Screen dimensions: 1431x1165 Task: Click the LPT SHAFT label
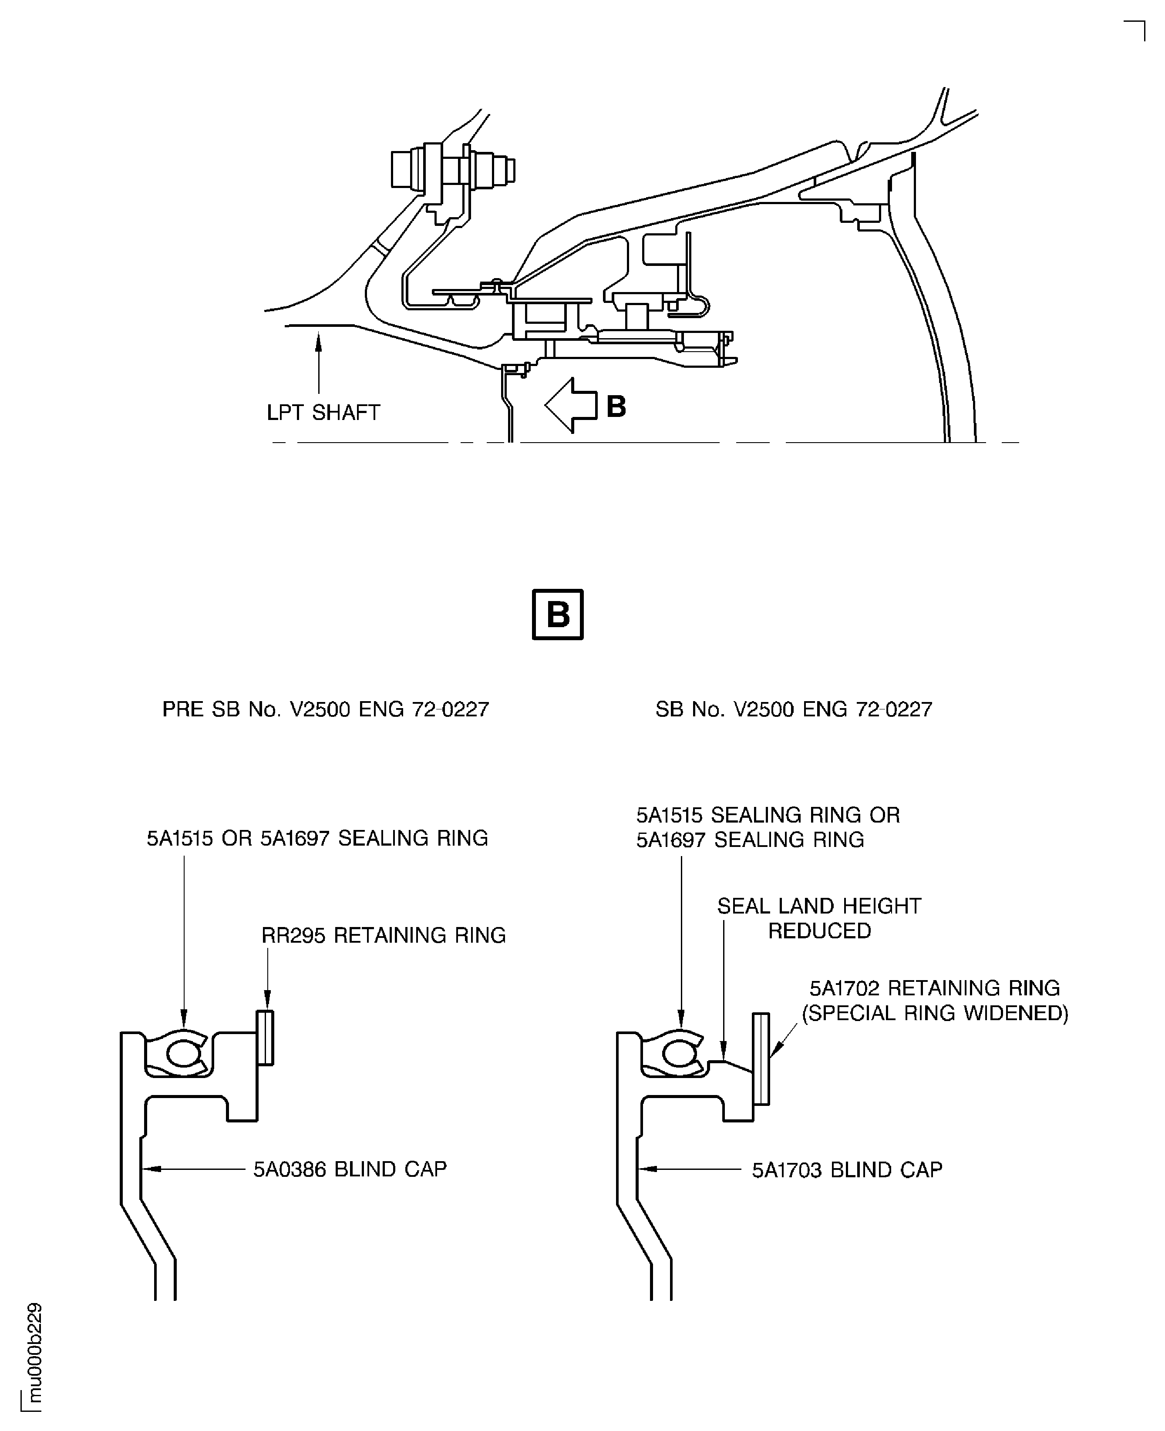pyautogui.click(x=323, y=412)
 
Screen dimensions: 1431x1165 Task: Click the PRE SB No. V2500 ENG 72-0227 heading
pyautogui.click(x=326, y=709)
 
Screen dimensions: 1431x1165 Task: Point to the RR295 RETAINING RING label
pyautogui.click(x=383, y=935)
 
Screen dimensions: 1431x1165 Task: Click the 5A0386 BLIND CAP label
pyautogui.click(x=350, y=1169)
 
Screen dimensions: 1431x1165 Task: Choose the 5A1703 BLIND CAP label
pyautogui.click(x=847, y=1170)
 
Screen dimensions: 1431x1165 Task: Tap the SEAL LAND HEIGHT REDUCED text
pyautogui.click(x=819, y=918)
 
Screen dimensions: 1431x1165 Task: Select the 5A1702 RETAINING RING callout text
pyautogui.click(x=934, y=988)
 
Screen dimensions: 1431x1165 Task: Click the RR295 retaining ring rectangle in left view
pyautogui.click(x=265, y=1038)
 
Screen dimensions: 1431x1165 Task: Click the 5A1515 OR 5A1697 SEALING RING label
pyautogui.click(x=317, y=838)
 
